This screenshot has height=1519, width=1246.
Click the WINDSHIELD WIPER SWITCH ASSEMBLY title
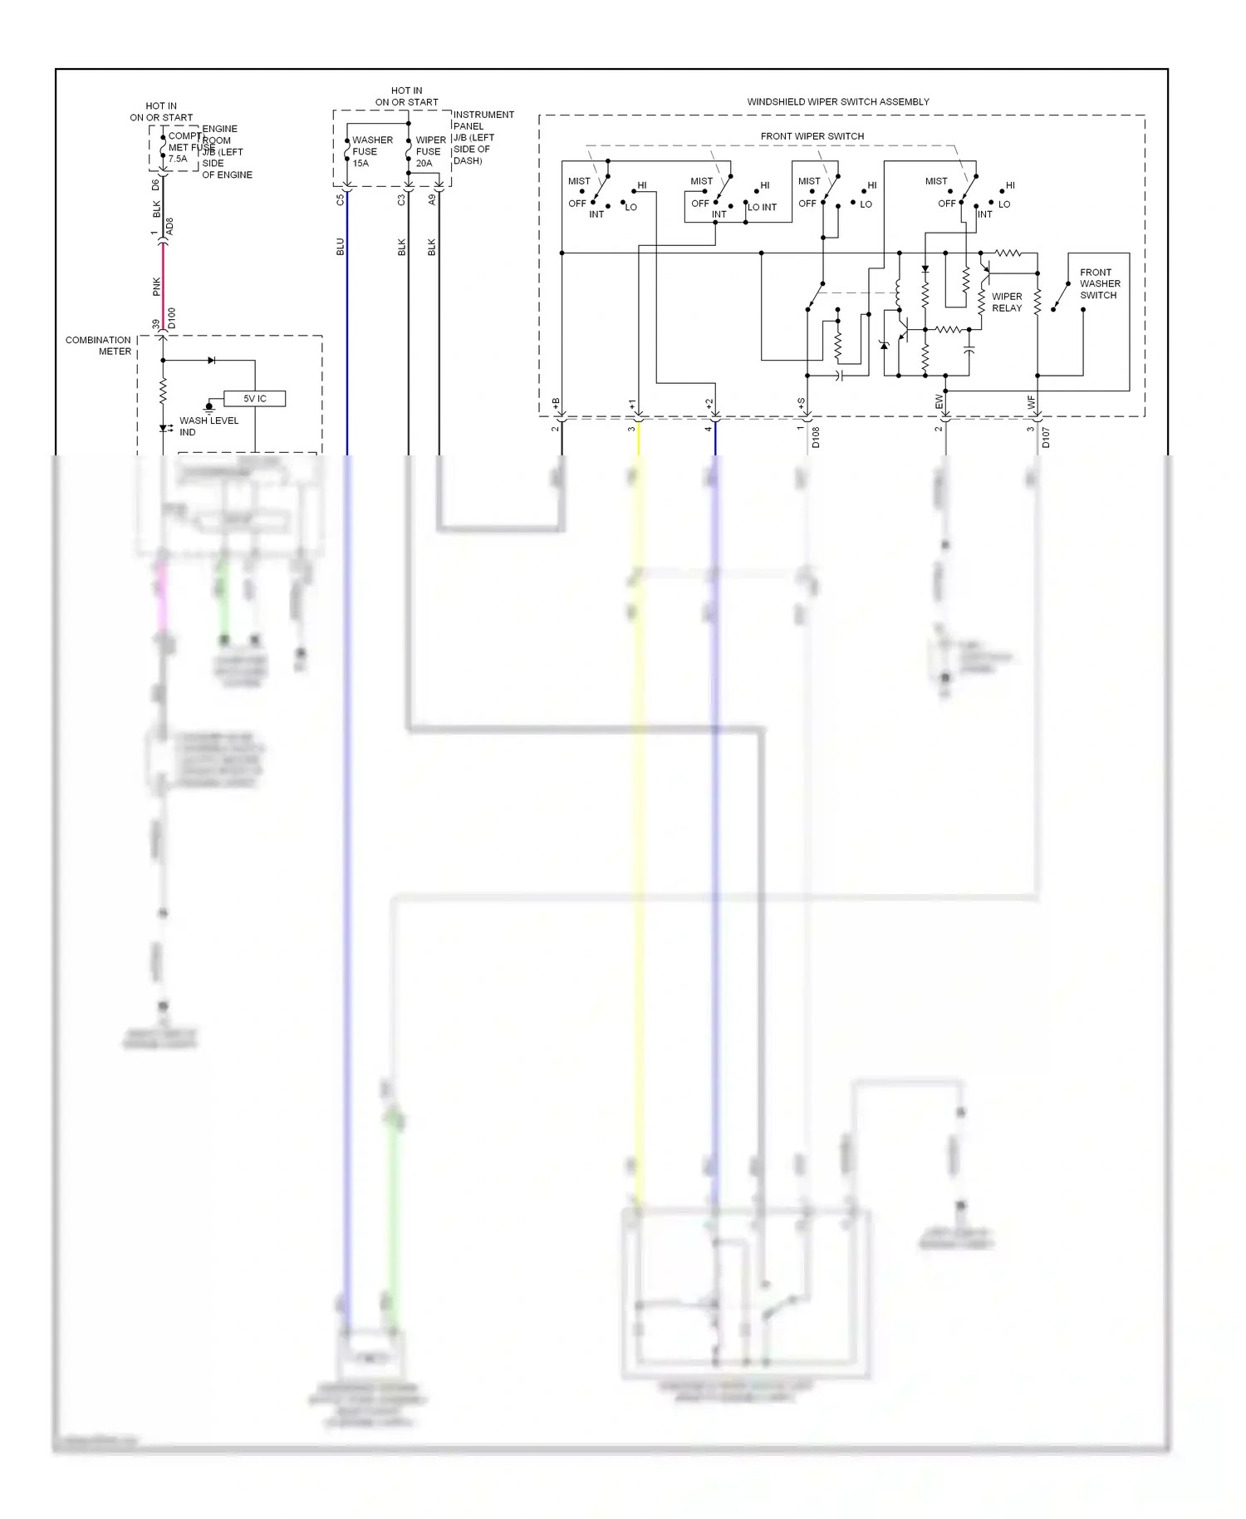[x=837, y=102]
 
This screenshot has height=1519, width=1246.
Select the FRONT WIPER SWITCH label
[x=812, y=136]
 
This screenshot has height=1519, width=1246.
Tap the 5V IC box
[x=254, y=399]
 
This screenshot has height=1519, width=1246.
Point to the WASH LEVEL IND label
[x=208, y=426]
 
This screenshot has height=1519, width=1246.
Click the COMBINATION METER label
[x=98, y=346]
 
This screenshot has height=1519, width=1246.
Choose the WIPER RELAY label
[x=1007, y=302]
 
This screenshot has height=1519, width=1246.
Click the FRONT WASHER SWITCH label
[x=1099, y=284]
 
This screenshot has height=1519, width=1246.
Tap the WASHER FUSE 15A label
[x=371, y=152]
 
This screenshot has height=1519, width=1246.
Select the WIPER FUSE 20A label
[x=429, y=152]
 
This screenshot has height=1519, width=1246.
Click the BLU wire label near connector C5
[x=340, y=247]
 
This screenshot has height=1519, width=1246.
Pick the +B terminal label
[x=556, y=403]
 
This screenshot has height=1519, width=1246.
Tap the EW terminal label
[x=939, y=401]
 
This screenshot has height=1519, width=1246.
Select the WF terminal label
[x=1032, y=401]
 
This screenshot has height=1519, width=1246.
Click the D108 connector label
[x=816, y=438]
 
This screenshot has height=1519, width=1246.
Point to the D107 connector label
[x=1046, y=438]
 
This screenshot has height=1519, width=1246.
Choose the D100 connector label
[x=172, y=318]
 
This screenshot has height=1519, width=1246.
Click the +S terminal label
[x=801, y=403]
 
